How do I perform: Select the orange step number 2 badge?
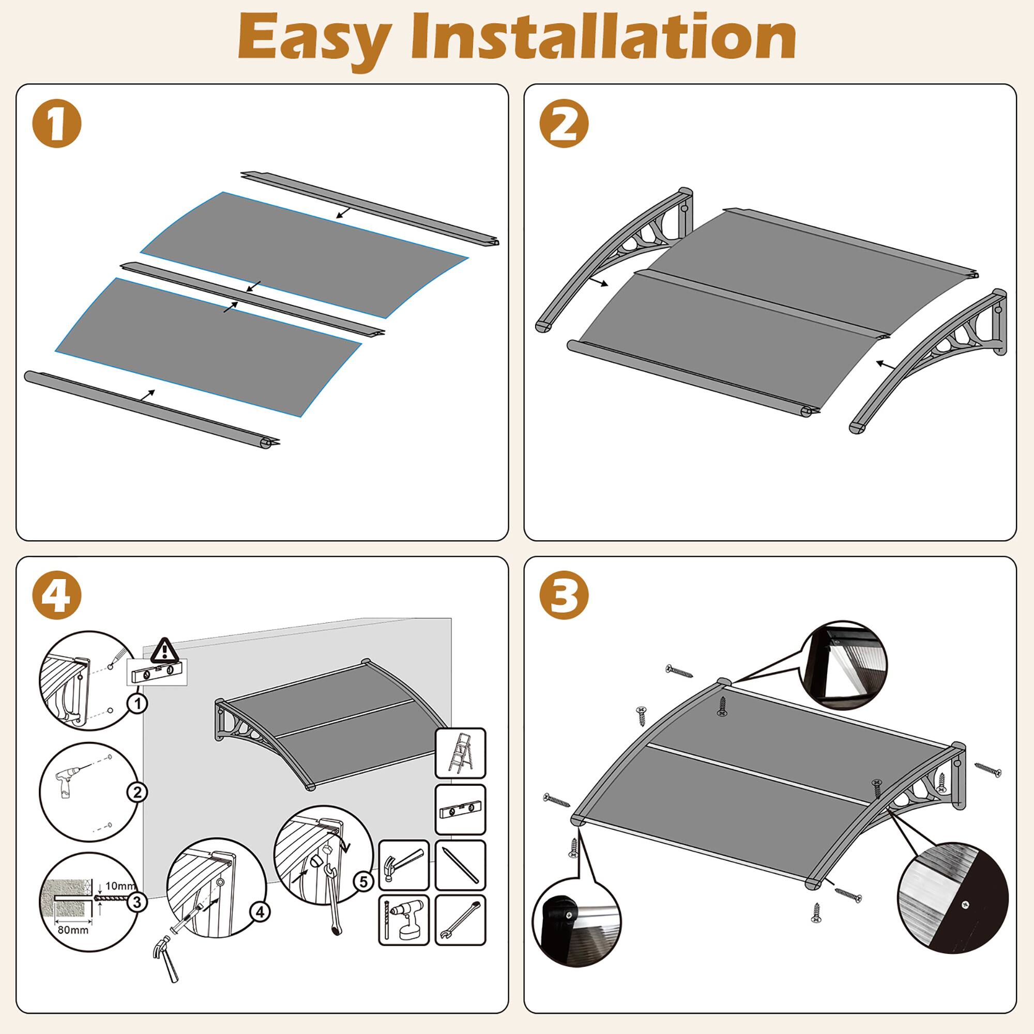[564, 124]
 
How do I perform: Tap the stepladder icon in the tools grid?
[460, 752]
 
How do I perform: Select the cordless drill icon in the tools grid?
[404, 920]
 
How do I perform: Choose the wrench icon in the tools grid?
[460, 920]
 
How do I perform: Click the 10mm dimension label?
[120, 886]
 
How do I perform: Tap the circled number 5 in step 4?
[363, 881]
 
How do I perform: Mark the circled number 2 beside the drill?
[137, 792]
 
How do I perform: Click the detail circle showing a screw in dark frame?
[952, 899]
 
